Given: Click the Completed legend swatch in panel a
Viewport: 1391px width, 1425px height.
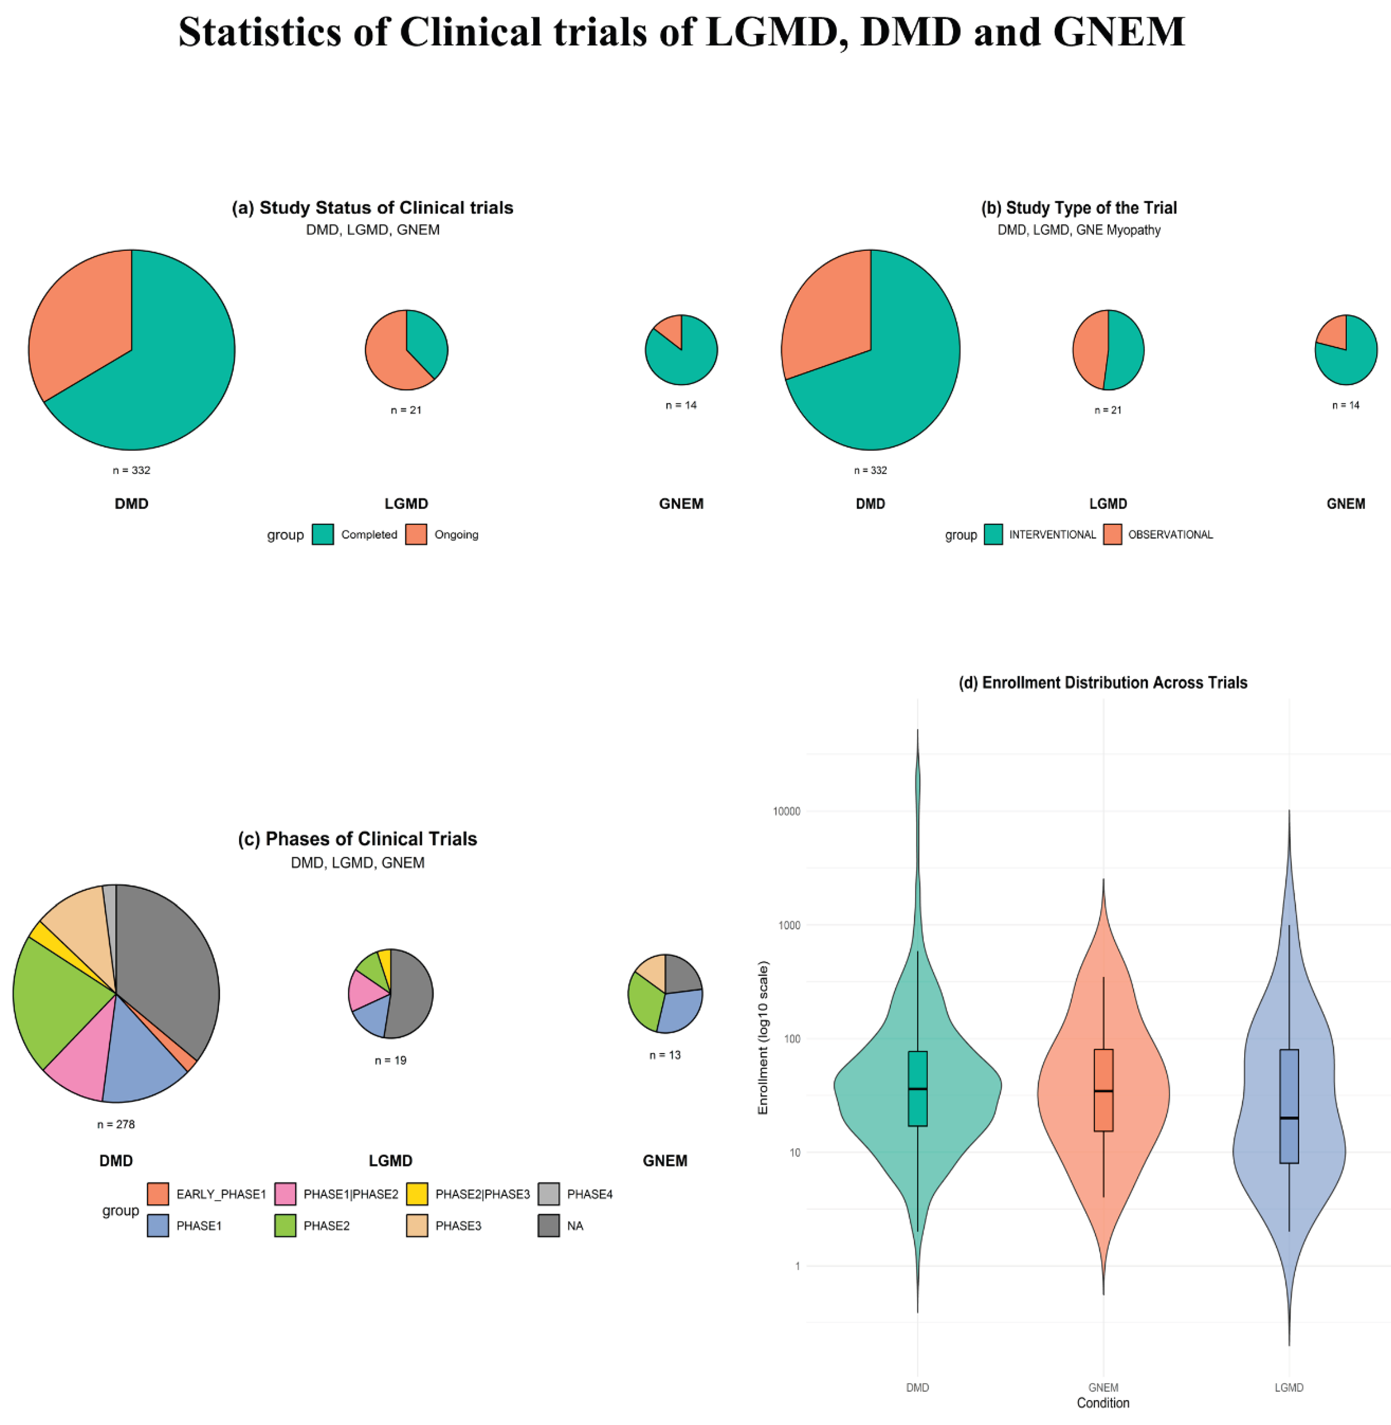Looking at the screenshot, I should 323,534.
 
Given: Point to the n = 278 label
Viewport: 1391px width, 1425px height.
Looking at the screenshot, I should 116,1124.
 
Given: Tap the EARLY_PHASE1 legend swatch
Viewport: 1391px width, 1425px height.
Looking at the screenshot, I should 158,1194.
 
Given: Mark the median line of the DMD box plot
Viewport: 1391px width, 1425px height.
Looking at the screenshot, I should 918,1089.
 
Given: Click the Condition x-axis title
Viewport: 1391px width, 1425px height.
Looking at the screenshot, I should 1103,1403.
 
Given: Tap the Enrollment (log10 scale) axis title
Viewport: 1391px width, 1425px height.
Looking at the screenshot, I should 763,1038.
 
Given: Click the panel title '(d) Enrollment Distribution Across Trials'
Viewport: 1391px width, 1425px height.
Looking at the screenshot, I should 1103,682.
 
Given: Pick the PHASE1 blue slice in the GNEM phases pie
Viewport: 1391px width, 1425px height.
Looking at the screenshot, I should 681,1010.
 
